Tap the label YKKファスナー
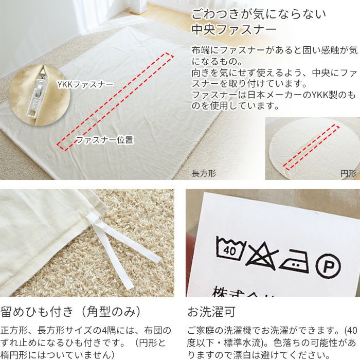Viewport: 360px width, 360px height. pyautogui.click(x=85, y=83)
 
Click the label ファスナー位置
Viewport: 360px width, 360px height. pyautogui.click(x=104, y=140)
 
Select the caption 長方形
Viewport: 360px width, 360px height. pyautogui.click(x=204, y=174)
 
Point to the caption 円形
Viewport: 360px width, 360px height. pyautogui.click(x=348, y=174)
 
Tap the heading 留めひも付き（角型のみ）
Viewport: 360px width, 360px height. pyautogui.click(x=71, y=312)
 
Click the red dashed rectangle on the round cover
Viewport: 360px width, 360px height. pyautogui.click(x=312, y=147)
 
